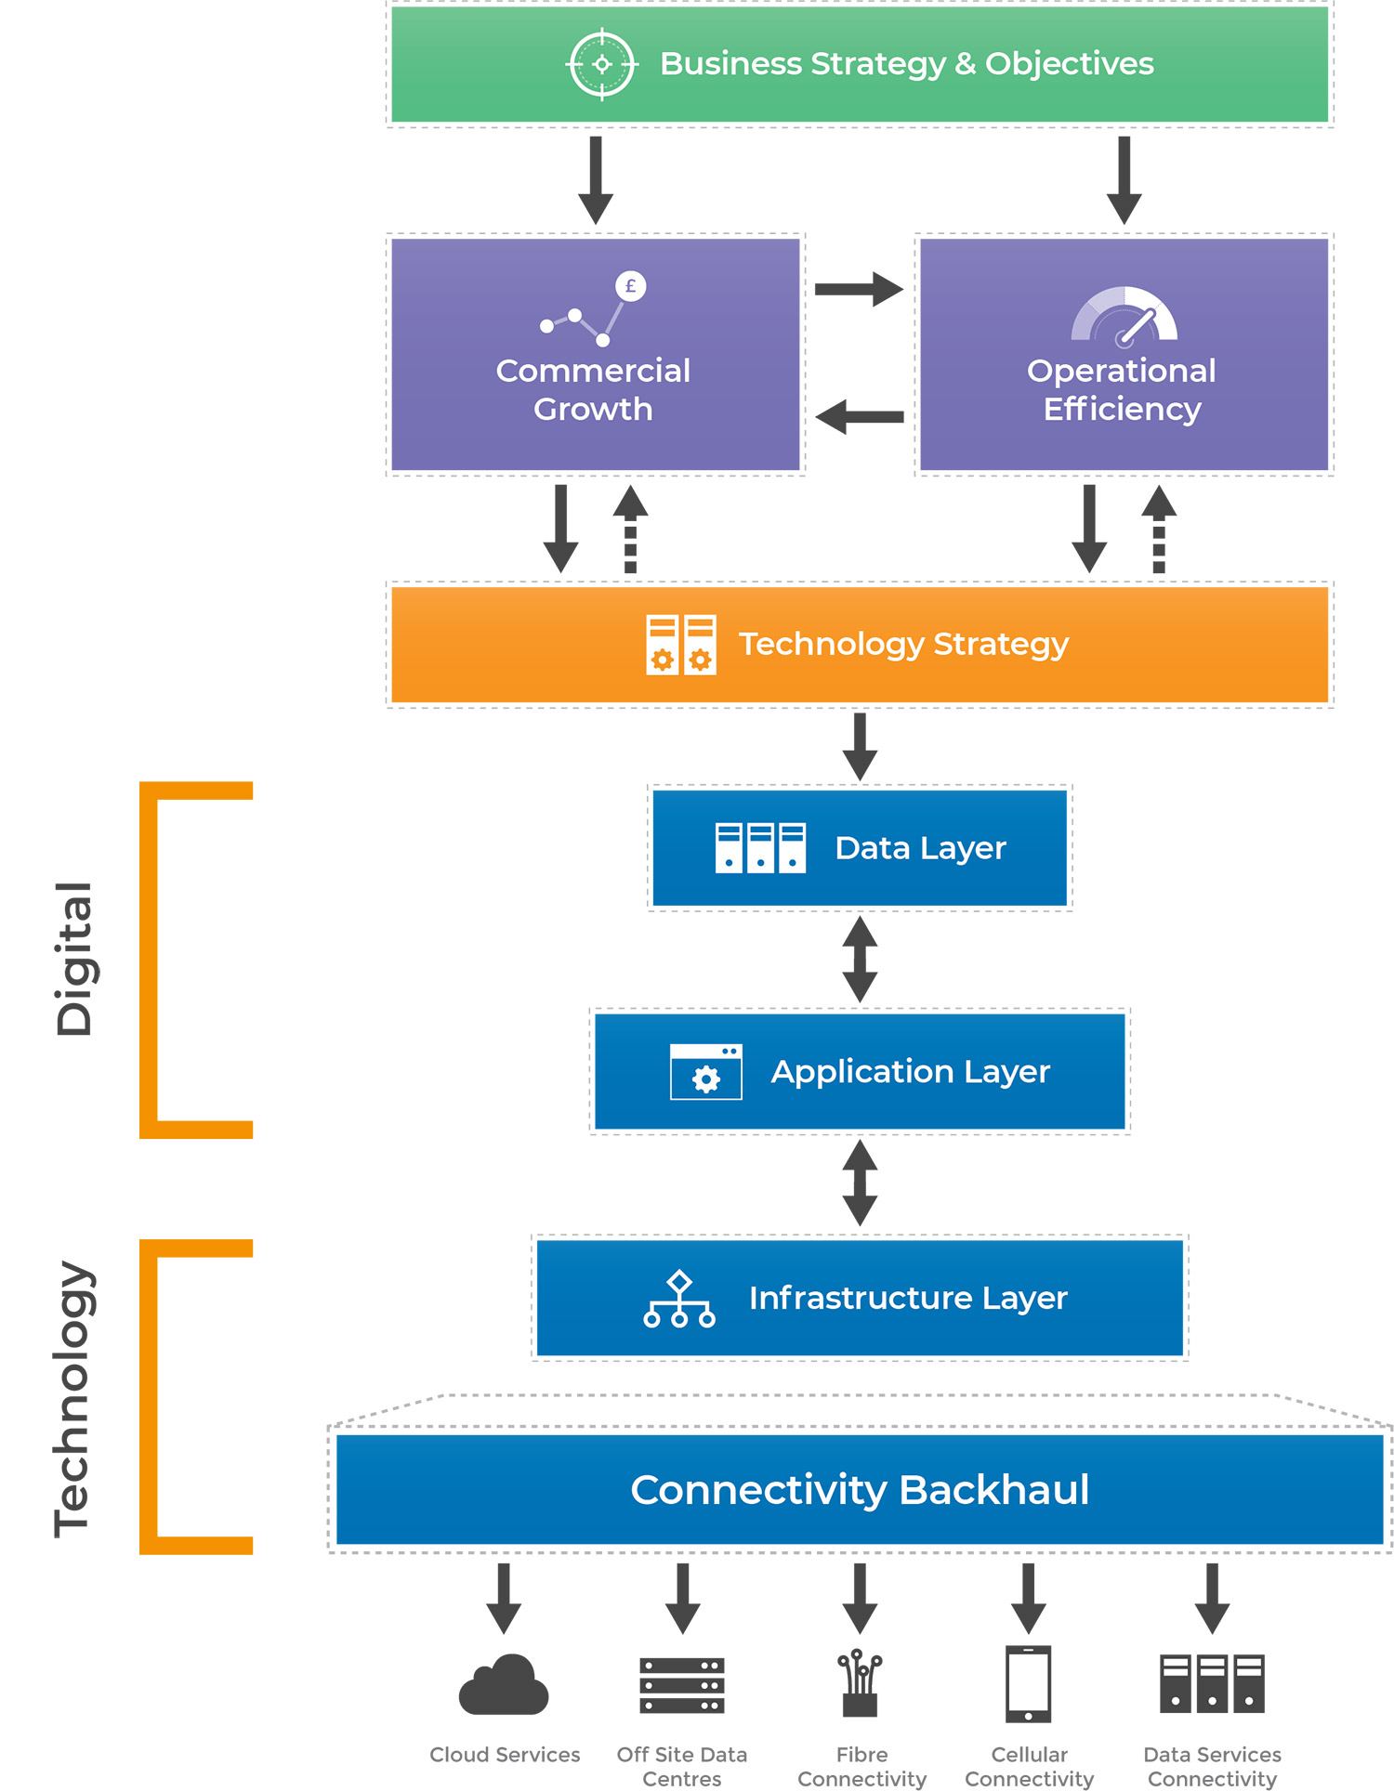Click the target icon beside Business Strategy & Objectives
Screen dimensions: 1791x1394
(x=602, y=64)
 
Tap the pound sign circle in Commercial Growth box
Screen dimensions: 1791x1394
(x=630, y=286)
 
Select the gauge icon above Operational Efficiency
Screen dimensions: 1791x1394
(x=1124, y=316)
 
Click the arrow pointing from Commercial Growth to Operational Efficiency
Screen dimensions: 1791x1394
(x=858, y=289)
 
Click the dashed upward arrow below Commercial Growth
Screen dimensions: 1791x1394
(x=630, y=529)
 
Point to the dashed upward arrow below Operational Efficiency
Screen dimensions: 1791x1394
(x=1158, y=529)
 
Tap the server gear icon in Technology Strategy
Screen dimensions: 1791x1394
(x=680, y=644)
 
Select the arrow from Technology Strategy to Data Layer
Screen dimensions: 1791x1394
(x=860, y=746)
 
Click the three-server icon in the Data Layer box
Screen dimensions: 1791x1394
(x=760, y=847)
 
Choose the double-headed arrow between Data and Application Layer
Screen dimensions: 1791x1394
(x=860, y=959)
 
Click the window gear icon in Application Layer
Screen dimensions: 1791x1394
(x=705, y=1072)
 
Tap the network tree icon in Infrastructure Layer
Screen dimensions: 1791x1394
(x=679, y=1299)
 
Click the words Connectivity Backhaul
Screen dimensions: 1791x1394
(x=859, y=1490)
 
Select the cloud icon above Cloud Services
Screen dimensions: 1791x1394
(x=504, y=1685)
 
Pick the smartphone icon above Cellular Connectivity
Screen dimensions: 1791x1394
(x=1028, y=1683)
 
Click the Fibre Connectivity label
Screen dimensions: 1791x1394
(x=861, y=1766)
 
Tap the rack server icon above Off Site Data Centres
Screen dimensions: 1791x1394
(x=681, y=1685)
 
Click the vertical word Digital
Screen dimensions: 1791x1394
(x=73, y=959)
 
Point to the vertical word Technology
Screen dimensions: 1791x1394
(x=72, y=1397)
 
